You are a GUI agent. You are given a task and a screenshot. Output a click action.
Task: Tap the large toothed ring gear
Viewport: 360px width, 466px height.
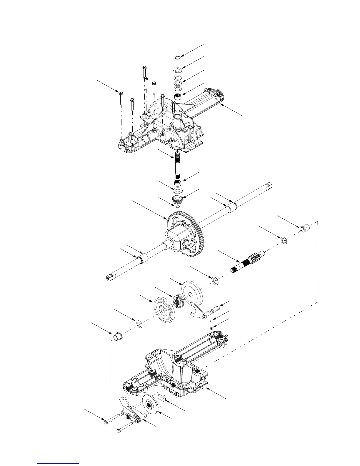pyautogui.click(x=188, y=232)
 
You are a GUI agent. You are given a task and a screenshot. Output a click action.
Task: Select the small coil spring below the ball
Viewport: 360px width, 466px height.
pyautogui.click(x=211, y=328)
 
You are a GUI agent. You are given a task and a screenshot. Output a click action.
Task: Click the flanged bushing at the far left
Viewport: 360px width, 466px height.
pyautogui.click(x=118, y=335)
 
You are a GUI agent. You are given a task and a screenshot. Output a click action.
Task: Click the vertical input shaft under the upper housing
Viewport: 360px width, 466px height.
pyautogui.click(x=178, y=165)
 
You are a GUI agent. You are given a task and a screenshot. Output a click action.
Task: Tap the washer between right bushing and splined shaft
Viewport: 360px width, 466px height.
pyautogui.click(x=284, y=241)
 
